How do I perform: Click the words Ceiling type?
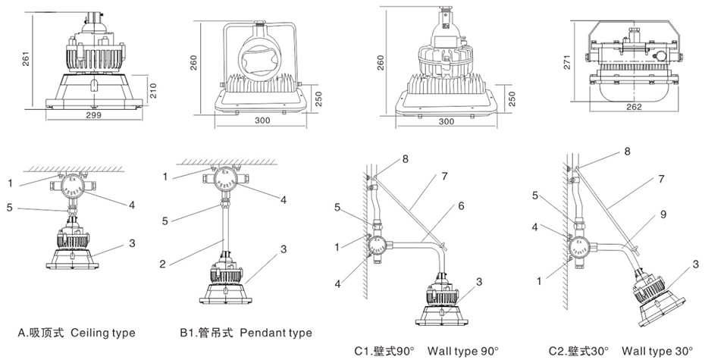click(103, 333)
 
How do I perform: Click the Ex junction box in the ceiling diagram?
click(74, 184)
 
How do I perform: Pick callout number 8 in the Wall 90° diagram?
click(406, 160)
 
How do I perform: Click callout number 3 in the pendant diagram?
click(284, 248)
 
